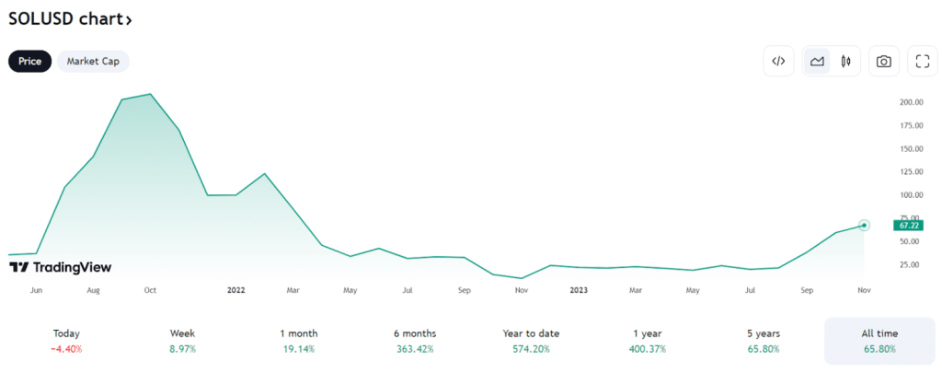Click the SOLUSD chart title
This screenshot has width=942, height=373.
click(x=69, y=18)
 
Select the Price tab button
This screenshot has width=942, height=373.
click(x=30, y=61)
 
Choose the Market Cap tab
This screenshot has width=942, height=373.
click(x=93, y=61)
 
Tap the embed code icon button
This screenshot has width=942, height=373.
click(x=778, y=61)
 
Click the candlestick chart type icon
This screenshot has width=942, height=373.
click(x=845, y=61)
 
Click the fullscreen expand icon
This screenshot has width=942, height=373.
click(x=922, y=61)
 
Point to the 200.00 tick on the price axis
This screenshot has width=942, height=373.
click(x=912, y=102)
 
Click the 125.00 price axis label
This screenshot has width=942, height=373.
click(x=912, y=171)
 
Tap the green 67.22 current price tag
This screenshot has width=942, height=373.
click(x=909, y=225)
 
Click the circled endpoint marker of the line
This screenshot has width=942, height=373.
click(x=864, y=225)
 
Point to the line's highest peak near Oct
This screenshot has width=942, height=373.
click(x=150, y=94)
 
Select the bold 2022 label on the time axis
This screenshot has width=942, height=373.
click(x=235, y=290)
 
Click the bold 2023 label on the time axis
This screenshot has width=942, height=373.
click(x=579, y=290)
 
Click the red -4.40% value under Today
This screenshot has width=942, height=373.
click(x=66, y=349)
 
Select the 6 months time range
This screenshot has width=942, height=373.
click(x=415, y=333)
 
